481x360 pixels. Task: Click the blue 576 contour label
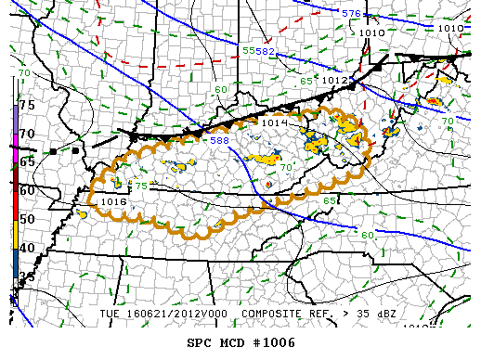coord(350,14)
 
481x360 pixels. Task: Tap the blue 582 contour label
coord(265,51)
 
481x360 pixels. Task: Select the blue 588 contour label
coord(219,140)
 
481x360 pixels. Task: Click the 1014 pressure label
coord(273,122)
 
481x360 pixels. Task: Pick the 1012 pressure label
coord(334,81)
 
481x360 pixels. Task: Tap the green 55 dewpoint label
coord(248,50)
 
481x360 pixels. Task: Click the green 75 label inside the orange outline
coord(141,186)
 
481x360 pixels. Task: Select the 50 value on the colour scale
coord(27,219)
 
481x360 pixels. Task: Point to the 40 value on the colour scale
coord(27,248)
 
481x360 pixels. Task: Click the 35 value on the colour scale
coord(27,276)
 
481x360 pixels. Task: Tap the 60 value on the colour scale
coord(27,190)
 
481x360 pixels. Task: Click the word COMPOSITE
coord(273,314)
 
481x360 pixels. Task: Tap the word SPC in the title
coord(200,342)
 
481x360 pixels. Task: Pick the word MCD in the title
coord(233,342)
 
